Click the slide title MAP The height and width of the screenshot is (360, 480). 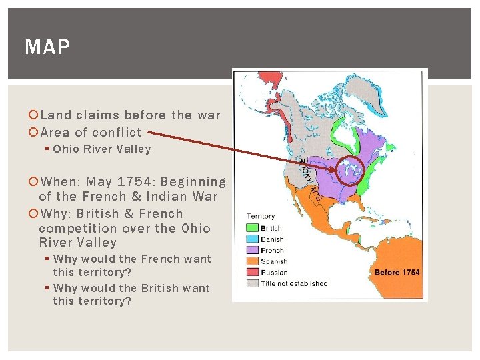click(x=47, y=47)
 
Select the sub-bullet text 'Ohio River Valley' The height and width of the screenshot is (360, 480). click(x=102, y=149)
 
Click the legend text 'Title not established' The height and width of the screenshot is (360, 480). click(x=294, y=283)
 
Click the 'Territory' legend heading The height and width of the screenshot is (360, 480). click(x=261, y=216)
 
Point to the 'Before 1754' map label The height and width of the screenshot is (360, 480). click(x=397, y=272)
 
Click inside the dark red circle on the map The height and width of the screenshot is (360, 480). click(x=349, y=172)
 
